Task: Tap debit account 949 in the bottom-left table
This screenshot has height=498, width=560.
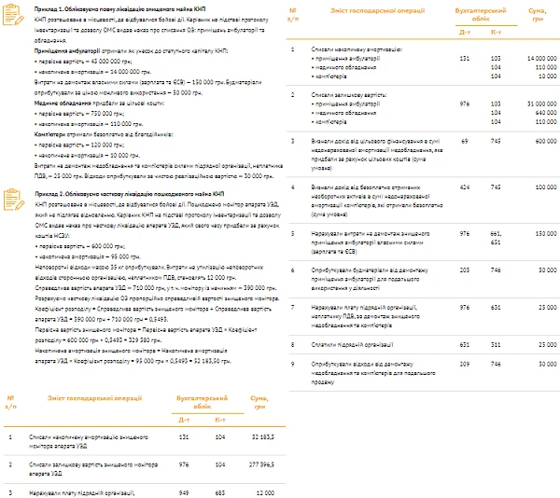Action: pyautogui.click(x=184, y=491)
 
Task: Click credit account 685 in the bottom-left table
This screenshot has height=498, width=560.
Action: pyautogui.click(x=220, y=491)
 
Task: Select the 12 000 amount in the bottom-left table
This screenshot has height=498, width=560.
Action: pyautogui.click(x=264, y=491)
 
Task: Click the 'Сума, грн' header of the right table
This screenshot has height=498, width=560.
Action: pyautogui.click(x=531, y=15)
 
